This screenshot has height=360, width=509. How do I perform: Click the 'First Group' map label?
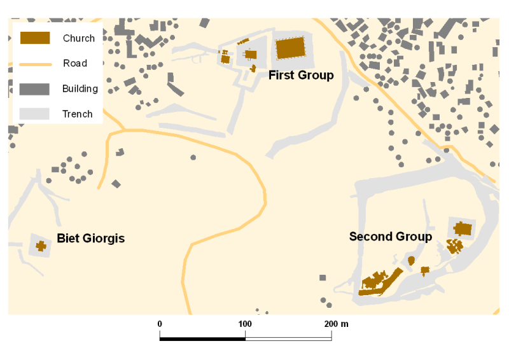click(x=300, y=75)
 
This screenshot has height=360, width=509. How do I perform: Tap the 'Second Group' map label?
click(x=390, y=237)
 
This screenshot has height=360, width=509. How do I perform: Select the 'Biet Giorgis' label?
click(x=90, y=239)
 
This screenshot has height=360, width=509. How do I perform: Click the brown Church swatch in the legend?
click(x=35, y=38)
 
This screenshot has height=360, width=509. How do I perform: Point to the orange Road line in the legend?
click(x=35, y=64)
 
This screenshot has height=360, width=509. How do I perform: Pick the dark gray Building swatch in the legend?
click(x=35, y=88)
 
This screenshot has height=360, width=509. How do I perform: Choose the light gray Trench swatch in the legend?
click(x=35, y=114)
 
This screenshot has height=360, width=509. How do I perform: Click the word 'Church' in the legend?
click(x=78, y=38)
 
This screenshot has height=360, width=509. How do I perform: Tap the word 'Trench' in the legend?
click(x=77, y=114)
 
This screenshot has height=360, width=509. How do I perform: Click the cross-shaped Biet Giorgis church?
click(x=41, y=246)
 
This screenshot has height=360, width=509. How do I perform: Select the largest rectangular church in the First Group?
click(x=289, y=48)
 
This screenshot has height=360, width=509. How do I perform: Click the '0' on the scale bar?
click(x=160, y=324)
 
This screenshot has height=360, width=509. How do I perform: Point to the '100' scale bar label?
click(x=245, y=324)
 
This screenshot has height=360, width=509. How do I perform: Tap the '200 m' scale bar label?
click(x=335, y=324)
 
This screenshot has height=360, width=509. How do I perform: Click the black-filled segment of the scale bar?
click(x=202, y=338)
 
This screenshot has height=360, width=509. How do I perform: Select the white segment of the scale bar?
click(x=288, y=338)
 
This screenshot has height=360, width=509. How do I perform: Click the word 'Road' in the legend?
click(x=74, y=64)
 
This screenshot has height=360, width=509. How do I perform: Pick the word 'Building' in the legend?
click(x=80, y=88)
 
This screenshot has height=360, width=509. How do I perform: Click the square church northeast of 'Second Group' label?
click(x=463, y=228)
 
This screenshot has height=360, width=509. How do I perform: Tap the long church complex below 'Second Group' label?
click(x=379, y=282)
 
